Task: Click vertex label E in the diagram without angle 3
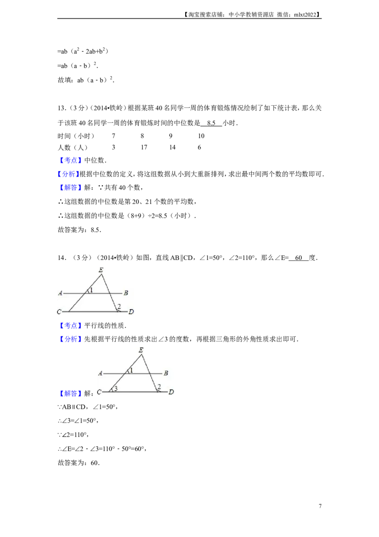point(100,269)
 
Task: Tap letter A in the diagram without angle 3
point(60,293)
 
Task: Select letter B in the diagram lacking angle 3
point(126,293)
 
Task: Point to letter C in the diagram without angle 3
point(59,312)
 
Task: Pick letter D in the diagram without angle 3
point(131,312)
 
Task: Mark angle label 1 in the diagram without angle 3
point(91,289)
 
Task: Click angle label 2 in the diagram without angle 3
point(119,306)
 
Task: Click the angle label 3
point(115,388)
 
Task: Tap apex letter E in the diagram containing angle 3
point(141,350)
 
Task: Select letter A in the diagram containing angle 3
point(100,373)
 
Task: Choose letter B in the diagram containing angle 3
point(166,373)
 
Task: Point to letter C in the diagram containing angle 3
point(100,392)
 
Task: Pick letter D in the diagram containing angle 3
point(171,392)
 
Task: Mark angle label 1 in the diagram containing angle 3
point(132,370)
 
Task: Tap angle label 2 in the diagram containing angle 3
point(159,386)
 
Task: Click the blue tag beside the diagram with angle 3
point(70,394)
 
